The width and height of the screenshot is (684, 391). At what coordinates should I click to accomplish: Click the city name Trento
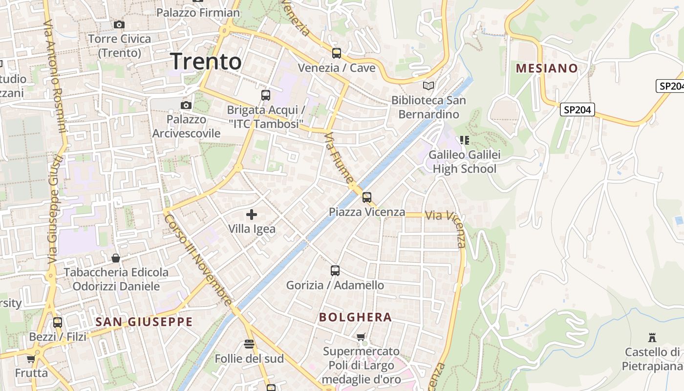pos(206,62)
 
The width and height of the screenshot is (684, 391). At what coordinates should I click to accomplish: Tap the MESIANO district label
pos(547,68)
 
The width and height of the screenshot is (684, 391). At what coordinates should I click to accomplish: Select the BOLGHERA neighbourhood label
pos(355,317)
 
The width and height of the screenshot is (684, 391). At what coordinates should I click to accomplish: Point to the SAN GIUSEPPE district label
pos(144,322)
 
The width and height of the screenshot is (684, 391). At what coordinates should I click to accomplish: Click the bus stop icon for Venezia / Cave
pos(336,53)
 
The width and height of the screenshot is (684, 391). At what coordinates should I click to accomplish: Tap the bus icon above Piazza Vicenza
pos(366,197)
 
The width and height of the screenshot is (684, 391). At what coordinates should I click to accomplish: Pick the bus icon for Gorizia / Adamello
pos(335,270)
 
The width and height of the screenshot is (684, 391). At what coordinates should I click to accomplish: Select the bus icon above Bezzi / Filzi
pos(58,322)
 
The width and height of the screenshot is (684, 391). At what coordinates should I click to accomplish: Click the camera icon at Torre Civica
pos(119,24)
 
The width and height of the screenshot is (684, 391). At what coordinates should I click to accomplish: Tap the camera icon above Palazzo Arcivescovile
pos(186,105)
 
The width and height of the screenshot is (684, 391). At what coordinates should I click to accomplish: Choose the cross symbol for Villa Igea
pos(252,214)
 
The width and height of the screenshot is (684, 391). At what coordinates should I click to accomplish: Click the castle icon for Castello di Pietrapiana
pos(652,337)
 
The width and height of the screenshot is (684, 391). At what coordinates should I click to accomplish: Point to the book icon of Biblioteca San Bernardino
pos(428,86)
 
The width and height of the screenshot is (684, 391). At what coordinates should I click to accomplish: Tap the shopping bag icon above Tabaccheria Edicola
pos(116,258)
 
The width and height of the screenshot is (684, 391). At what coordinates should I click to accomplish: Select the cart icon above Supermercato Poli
pos(361,337)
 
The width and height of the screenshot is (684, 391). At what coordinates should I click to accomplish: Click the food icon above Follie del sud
pos(249,344)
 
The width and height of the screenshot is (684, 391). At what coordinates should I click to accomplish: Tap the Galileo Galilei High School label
pos(464,162)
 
